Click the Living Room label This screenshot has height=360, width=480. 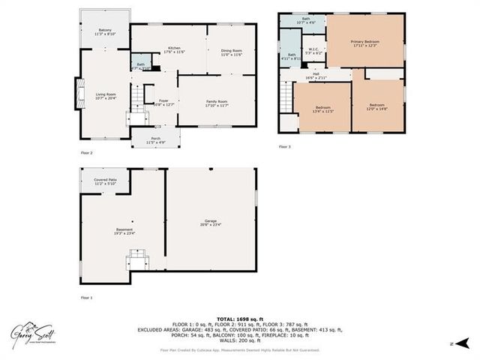pos(103,95)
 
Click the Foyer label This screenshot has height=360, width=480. pos(163,103)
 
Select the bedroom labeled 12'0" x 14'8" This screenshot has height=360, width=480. pos(376,106)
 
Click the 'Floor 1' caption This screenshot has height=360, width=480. pos(87,297)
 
